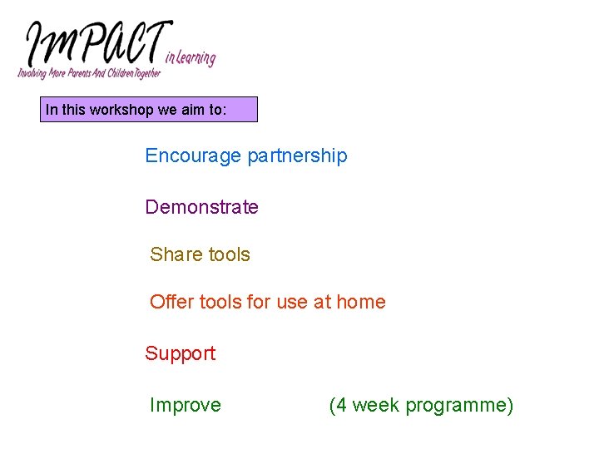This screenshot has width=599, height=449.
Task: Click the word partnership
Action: click(297, 155)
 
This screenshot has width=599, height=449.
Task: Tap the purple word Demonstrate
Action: click(201, 207)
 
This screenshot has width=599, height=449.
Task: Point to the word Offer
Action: click(171, 302)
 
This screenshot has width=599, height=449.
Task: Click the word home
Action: click(361, 302)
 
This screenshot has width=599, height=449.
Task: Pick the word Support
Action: click(180, 353)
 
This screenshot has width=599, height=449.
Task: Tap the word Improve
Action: click(185, 405)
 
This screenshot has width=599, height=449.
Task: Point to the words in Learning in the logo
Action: click(191, 57)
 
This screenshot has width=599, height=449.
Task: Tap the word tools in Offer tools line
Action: click(222, 302)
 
